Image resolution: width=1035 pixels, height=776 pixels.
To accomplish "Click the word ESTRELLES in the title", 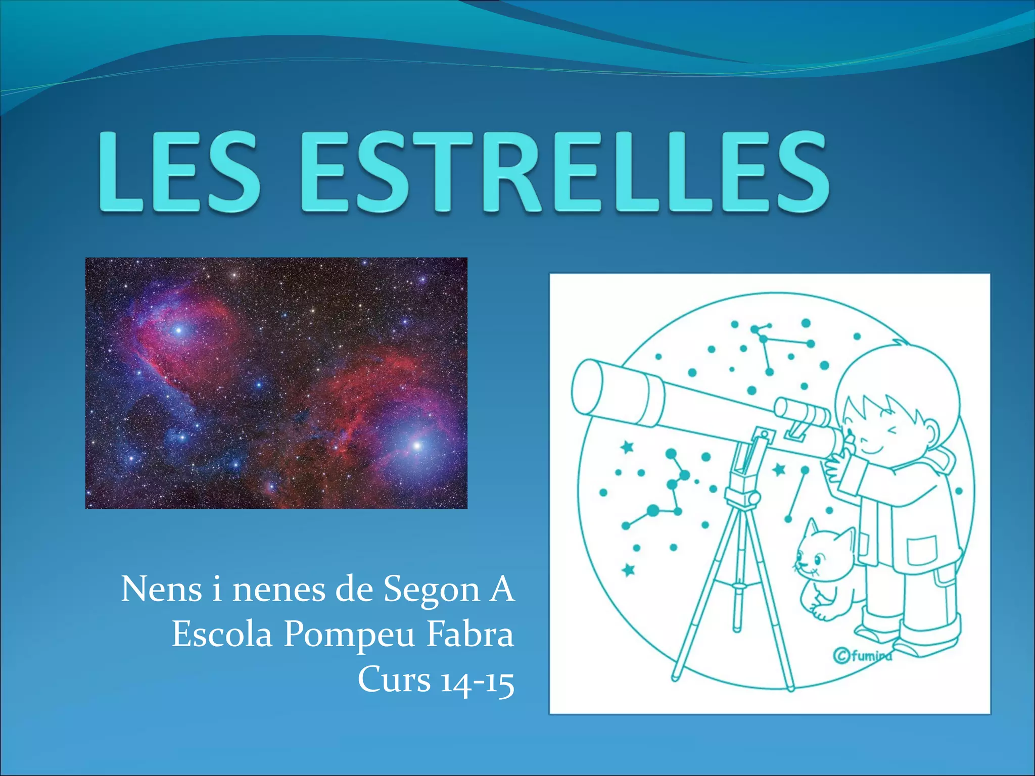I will pos(565,172).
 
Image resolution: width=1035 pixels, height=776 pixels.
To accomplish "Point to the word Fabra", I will pos(471,635).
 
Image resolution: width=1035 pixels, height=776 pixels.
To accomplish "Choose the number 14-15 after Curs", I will pos(477,680).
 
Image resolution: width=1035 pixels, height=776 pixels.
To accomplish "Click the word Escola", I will pos(222,635).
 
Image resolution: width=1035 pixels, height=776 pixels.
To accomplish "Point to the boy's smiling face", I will pos(879,434).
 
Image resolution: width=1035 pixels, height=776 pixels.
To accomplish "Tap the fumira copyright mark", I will pos(862,656).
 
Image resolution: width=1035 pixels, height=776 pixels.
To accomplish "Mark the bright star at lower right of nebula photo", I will pos(417,446).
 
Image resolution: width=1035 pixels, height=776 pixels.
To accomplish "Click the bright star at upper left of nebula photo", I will pos(178,331).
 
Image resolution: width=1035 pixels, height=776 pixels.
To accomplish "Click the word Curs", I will pos(394,680).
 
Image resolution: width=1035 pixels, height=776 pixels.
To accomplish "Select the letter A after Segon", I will pos(501,590).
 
